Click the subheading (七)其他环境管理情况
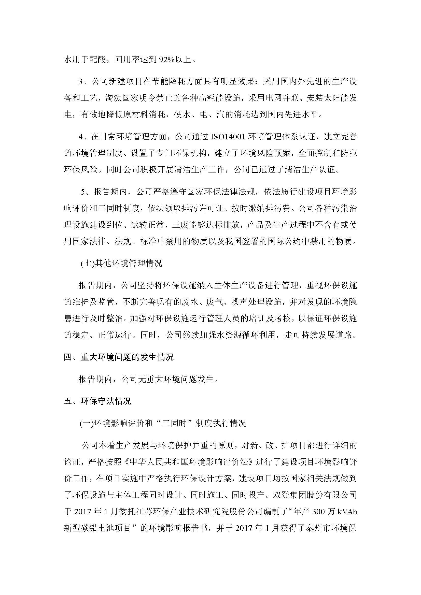pyautogui.click(x=121, y=263)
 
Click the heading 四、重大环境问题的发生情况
pyautogui.click(x=119, y=357)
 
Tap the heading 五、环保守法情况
pyautogui.click(x=97, y=401)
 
